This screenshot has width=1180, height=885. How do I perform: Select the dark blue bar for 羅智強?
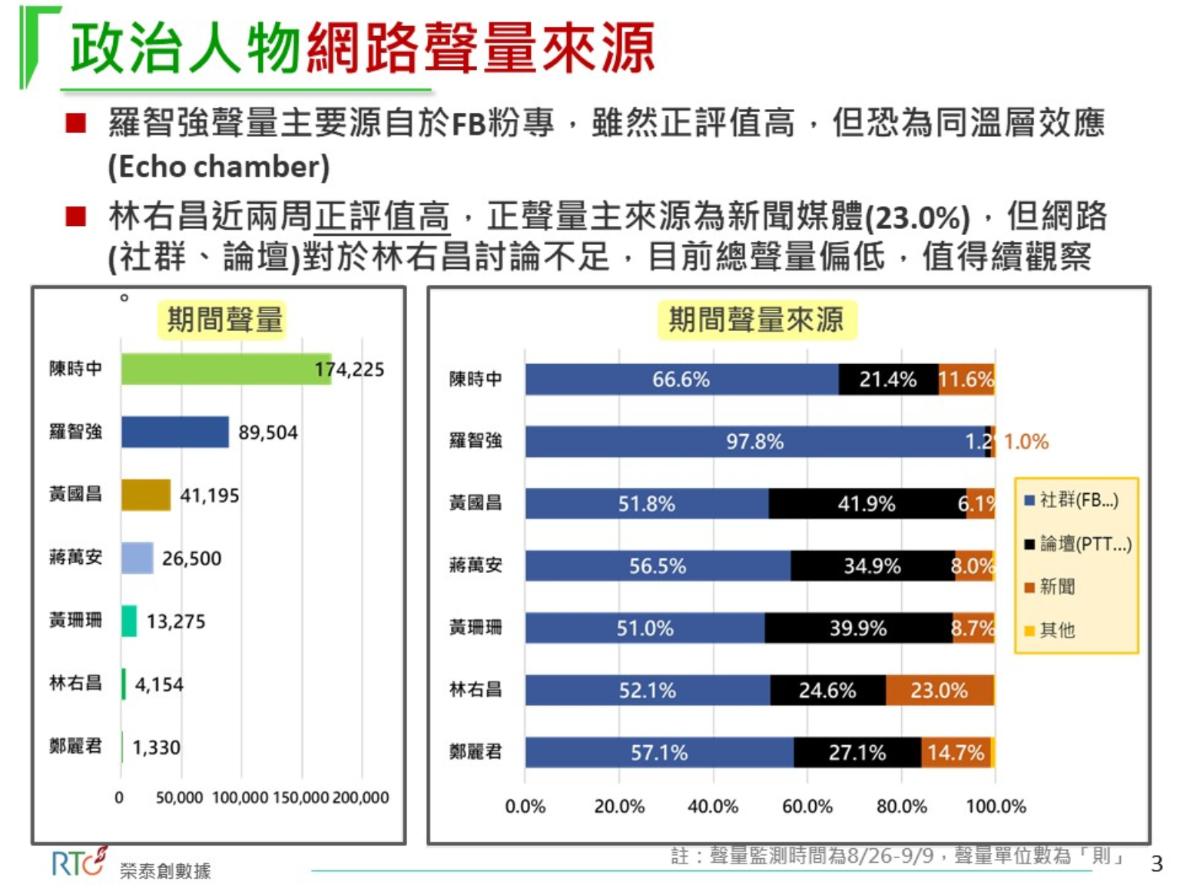coord(175,432)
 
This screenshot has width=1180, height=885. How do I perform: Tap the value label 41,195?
coord(210,496)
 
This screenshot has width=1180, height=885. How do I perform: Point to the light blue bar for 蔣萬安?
coord(138,558)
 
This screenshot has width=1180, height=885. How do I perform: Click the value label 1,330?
coord(156,747)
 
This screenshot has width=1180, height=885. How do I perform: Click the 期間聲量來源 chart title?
coord(756,320)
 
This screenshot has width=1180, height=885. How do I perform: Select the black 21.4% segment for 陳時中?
coord(888,380)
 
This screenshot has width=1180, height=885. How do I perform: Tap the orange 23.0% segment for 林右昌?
coord(940,691)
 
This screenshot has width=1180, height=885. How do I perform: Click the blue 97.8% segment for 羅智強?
coord(755,442)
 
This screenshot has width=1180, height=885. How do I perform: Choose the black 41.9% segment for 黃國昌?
coord(867,504)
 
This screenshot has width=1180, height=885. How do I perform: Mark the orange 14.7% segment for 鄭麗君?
coord(956,753)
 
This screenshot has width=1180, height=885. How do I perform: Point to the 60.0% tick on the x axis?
coord(807,807)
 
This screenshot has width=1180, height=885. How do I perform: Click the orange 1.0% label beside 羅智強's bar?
coord(1026,442)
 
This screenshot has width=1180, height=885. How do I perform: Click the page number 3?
coord(1157,864)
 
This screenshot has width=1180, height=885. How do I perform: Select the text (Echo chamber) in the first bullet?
coord(219,167)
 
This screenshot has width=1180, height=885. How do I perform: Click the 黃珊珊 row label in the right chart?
coord(476,628)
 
